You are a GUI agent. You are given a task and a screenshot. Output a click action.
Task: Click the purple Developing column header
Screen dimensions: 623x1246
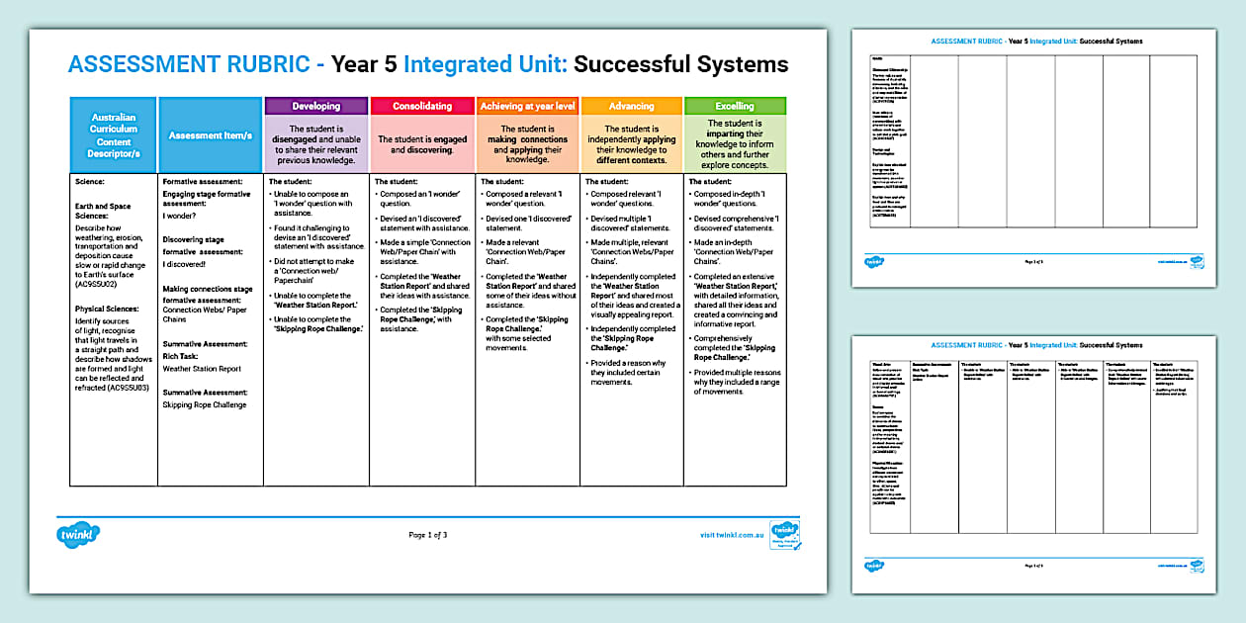point(316,106)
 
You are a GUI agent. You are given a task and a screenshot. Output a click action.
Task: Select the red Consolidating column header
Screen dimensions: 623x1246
point(422,106)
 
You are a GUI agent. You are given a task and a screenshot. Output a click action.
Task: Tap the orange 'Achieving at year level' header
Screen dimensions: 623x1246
point(527,106)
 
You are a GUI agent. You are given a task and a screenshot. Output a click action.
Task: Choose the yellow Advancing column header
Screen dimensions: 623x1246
point(631,106)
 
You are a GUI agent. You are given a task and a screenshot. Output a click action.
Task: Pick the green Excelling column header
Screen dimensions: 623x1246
point(734,106)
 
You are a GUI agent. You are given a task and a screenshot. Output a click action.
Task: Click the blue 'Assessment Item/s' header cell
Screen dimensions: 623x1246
point(210,135)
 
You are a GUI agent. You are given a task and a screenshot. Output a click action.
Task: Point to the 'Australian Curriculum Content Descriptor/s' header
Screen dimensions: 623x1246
point(114,135)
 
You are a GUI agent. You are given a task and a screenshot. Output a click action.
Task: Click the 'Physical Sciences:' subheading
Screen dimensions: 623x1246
point(108,308)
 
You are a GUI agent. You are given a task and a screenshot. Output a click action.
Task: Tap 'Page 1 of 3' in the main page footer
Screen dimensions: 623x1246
point(427,535)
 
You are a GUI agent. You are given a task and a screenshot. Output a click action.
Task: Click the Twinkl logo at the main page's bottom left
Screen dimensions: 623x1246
point(79,535)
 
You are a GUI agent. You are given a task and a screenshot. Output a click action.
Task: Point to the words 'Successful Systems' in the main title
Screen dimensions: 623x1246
point(680,65)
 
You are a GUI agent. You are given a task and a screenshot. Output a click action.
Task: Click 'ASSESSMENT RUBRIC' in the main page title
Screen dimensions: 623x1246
point(188,65)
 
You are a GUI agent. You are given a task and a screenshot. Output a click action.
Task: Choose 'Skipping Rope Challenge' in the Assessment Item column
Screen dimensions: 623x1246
point(205,404)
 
